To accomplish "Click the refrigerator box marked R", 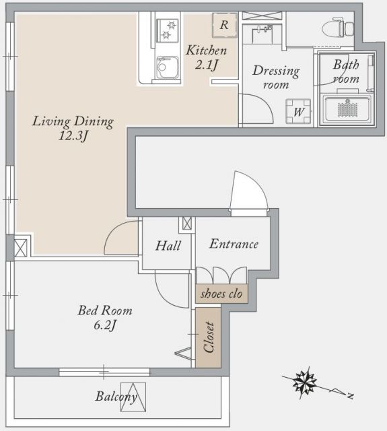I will tap(224, 25).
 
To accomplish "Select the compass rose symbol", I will tap(306, 385).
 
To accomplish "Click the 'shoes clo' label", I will tap(221, 294).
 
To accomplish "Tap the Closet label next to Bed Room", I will tap(208, 337).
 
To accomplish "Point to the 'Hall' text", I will tap(168, 246).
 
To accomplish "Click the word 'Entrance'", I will tap(234, 244).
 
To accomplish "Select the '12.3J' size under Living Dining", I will tap(74, 135).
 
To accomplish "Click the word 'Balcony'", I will tap(116, 397).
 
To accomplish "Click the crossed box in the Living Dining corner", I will tap(21, 246).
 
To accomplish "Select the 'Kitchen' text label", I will tap(206, 50).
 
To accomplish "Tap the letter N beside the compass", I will tap(349, 392).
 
